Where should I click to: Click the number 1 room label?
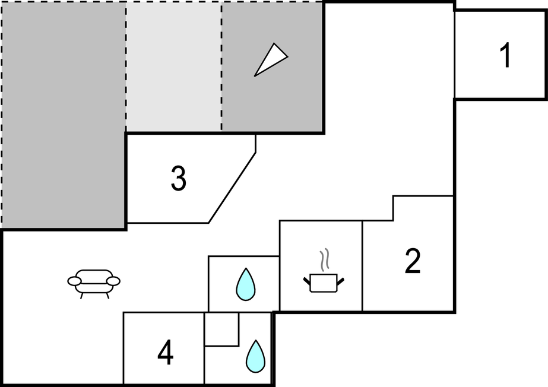[x=505, y=56]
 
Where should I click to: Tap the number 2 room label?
[x=413, y=262]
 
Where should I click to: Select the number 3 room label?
[x=178, y=179]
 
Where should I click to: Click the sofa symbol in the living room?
[x=94, y=283]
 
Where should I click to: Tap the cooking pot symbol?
[x=324, y=282]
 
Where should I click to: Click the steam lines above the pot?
[x=324, y=259]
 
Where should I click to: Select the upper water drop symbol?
[x=245, y=284]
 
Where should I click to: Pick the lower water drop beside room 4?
[x=256, y=356]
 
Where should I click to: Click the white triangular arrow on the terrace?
[x=271, y=59]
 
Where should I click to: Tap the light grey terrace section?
[x=173, y=65]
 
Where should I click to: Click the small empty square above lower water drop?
[x=221, y=329]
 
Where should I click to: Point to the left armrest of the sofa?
[x=74, y=281]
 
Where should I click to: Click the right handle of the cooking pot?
[x=341, y=279]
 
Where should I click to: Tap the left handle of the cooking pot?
[x=307, y=279]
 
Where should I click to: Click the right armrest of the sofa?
[x=114, y=281]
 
